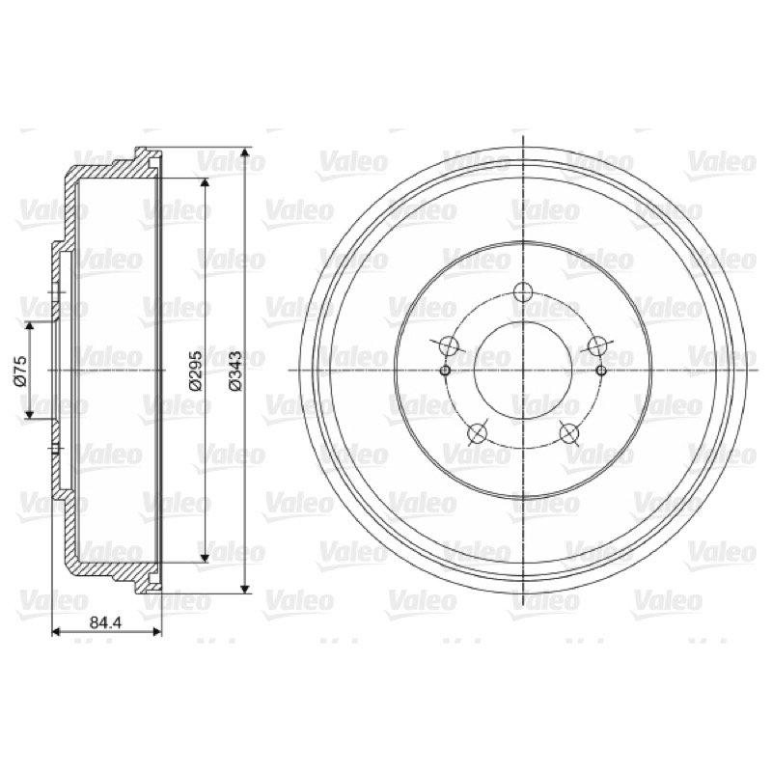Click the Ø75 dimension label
(20, 371)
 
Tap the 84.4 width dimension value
(105, 622)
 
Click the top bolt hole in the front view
(523, 291)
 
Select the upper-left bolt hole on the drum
(449, 345)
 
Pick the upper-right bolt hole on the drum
(597, 345)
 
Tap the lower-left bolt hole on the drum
(477, 433)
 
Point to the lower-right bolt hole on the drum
(569, 433)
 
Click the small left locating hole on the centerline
(445, 371)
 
